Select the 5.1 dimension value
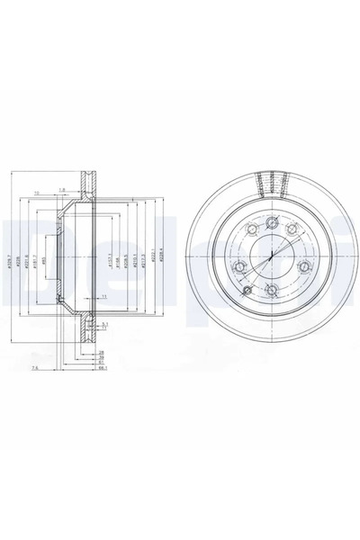tap(104, 324)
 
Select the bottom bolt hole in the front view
tap(272, 289)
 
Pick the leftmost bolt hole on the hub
tap(238, 266)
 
